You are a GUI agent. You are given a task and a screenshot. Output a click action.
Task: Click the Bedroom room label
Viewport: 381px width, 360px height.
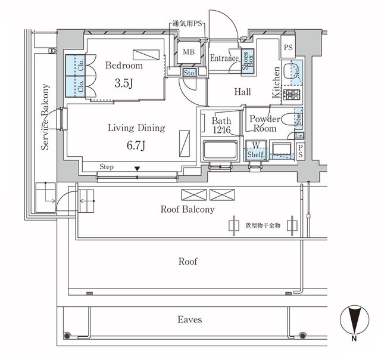125,65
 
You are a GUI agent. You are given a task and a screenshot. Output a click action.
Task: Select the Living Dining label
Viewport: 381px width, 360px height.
136,128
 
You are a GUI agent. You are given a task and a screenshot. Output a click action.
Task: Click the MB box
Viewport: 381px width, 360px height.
189,52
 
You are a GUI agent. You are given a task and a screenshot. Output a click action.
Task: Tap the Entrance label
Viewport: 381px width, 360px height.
224,58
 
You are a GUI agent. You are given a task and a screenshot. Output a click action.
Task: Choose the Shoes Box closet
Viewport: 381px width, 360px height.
247,61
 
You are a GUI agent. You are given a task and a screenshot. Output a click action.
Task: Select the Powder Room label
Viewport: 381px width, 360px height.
263,123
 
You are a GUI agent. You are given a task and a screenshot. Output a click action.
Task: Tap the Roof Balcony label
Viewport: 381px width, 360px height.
187,209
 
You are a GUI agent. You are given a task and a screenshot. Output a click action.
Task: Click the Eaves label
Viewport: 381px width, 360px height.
190,319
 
